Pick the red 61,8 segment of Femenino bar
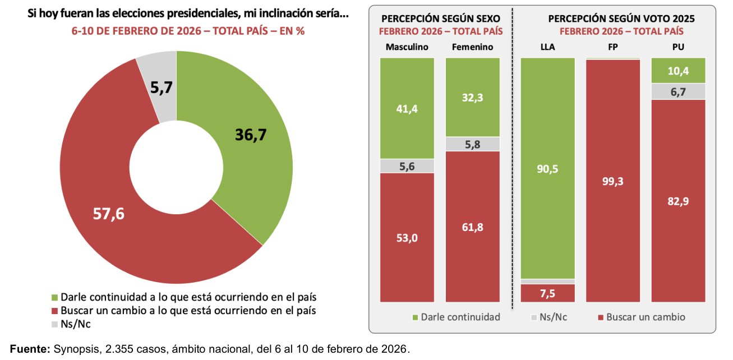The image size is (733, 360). click(x=472, y=227)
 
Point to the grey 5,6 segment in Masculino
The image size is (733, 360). click(x=407, y=166)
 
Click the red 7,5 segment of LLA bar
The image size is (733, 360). click(x=548, y=293)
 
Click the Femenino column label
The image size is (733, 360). click(x=472, y=47)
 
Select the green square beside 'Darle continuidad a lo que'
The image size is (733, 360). click(x=54, y=297)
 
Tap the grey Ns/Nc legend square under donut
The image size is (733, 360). click(x=54, y=324)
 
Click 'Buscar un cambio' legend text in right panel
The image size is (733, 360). click(x=646, y=317)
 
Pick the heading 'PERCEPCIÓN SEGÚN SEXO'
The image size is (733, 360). click(x=440, y=19)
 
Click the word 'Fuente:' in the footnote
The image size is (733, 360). click(x=30, y=350)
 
